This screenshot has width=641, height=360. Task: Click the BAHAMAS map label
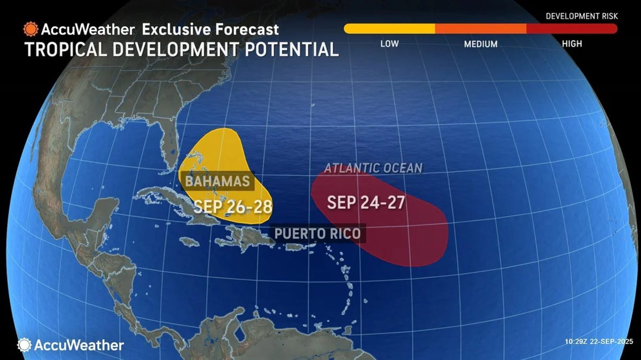coord(217,181)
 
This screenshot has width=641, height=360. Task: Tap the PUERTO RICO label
coord(317,233)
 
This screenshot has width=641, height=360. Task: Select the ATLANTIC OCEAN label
coord(373,168)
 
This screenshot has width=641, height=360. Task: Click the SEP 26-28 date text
coord(233,207)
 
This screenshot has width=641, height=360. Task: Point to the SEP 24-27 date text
coord(365,202)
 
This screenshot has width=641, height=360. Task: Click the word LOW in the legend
coord(389,44)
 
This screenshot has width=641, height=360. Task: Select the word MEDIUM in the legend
coord(480,44)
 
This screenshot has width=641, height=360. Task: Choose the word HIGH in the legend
coord(572,44)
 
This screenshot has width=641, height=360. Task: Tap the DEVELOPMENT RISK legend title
coord(582,16)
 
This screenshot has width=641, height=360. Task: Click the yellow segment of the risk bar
coord(390,29)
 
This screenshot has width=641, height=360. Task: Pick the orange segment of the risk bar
coord(481,29)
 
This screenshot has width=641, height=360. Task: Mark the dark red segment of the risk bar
coord(572,29)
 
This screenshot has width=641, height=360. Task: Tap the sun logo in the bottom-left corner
coord(24,345)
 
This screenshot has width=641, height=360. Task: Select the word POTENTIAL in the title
coord(285,49)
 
